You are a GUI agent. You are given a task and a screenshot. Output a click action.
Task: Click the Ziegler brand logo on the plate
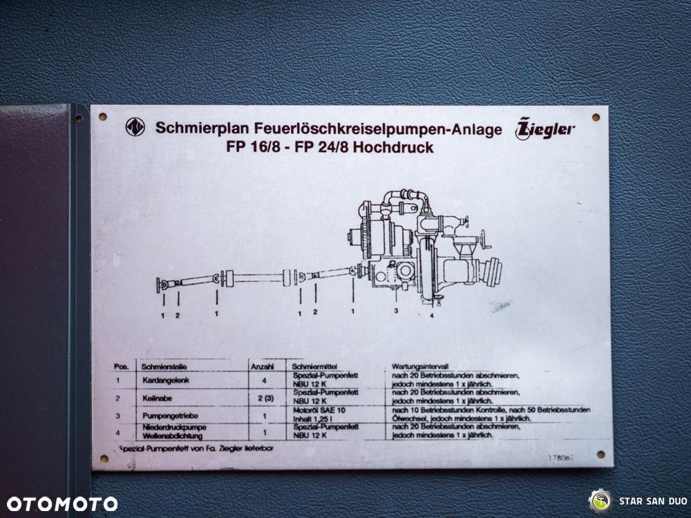coord(545,128)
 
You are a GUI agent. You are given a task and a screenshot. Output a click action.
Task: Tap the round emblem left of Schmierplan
coord(135,127)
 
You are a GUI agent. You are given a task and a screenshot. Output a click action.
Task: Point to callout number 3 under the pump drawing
coord(396,311)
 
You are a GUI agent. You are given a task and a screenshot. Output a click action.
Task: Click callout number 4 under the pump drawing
coord(431,315)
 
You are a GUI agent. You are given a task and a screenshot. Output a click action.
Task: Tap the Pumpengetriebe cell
coord(165,416)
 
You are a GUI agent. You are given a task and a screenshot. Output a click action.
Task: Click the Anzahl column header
coord(262,367)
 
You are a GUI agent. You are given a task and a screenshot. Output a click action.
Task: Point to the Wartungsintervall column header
coord(420,367)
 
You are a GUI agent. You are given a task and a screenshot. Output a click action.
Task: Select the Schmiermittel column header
coord(315,367)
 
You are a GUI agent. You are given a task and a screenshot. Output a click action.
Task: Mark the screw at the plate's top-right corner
coord(596,117)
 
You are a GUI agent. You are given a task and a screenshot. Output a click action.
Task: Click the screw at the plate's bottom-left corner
coord(104,459)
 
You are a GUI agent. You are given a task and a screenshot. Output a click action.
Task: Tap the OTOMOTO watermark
coord(62,503)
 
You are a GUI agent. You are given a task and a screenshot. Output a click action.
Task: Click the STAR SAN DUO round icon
coord(600,500)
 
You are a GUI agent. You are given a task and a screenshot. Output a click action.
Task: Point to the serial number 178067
coord(560,458)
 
